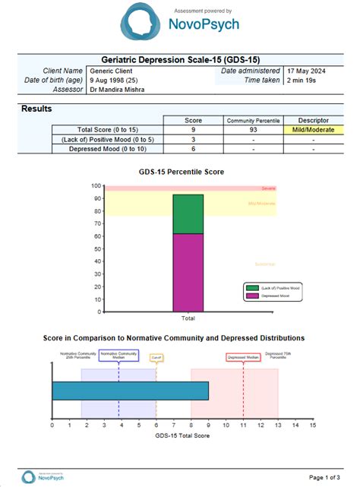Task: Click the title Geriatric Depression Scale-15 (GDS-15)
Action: (x=179, y=59)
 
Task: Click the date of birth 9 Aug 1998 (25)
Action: (x=109, y=80)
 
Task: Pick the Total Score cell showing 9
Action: (x=193, y=130)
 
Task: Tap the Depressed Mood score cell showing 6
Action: (x=193, y=149)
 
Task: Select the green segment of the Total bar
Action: (x=188, y=213)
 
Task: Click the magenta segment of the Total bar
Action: (x=188, y=272)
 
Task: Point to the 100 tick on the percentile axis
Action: (x=96, y=185)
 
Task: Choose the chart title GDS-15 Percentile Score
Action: (x=182, y=172)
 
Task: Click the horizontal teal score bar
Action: (x=130, y=391)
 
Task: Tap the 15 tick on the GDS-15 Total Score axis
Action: (x=312, y=426)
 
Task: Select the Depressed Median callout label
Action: (x=242, y=356)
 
